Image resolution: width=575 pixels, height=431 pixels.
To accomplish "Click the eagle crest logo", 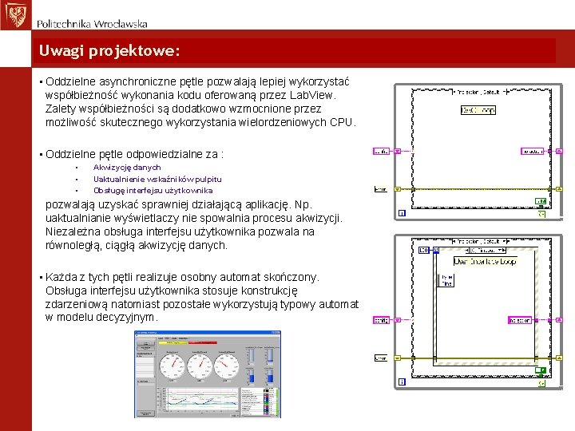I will (x=15, y=15).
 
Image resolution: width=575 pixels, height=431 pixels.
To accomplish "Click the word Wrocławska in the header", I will (x=119, y=24).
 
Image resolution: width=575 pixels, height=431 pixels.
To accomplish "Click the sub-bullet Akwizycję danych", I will (x=127, y=168).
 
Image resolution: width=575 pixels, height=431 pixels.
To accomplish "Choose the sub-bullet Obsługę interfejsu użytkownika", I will (x=153, y=190).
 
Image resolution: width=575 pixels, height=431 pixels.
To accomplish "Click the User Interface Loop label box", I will (x=485, y=261).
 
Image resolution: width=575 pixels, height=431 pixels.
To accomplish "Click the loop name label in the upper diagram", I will (x=478, y=110).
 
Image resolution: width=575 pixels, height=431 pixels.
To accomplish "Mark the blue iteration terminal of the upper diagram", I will (x=402, y=214).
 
